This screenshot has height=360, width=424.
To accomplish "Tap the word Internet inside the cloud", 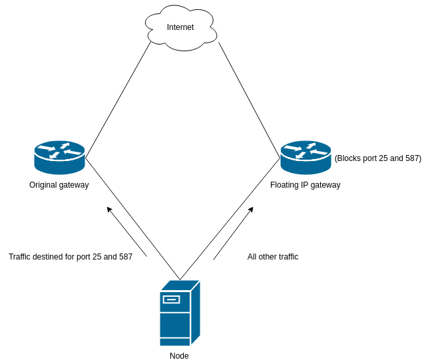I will click(x=180, y=27).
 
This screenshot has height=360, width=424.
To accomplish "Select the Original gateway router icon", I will click(x=59, y=157).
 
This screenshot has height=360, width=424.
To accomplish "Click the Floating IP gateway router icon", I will click(x=306, y=157).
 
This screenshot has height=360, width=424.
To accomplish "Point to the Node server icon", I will click(x=179, y=313).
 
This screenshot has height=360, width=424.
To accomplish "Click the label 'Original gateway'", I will click(x=59, y=185).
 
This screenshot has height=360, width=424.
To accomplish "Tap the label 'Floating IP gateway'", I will click(x=305, y=185).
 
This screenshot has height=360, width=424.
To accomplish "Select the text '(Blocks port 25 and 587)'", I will click(x=377, y=158).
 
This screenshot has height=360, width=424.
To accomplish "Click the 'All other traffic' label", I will click(x=273, y=257).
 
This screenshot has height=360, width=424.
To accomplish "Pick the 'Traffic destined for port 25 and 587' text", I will click(x=71, y=257).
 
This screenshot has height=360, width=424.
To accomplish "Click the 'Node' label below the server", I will click(x=179, y=356).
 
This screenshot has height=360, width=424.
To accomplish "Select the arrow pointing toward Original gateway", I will click(x=126, y=232).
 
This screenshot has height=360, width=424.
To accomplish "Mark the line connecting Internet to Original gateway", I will click(x=118, y=100).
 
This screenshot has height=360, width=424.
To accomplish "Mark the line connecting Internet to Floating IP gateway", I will click(x=249, y=100).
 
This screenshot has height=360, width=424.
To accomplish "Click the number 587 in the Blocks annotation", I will click(x=412, y=158).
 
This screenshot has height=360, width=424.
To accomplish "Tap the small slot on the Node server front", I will click(x=171, y=299).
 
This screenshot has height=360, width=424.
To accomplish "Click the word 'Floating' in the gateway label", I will click(x=284, y=185).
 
